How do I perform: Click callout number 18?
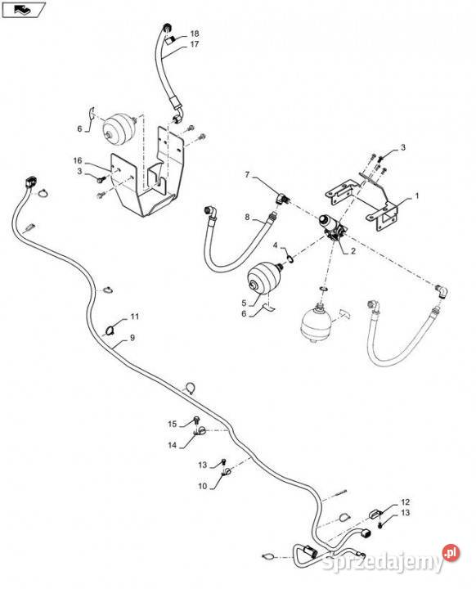[195, 34]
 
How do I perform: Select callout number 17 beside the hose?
[194, 44]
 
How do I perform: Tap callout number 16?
[78, 161]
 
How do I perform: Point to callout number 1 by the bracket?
[416, 196]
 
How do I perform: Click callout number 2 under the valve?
[353, 251]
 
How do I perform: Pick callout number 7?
[247, 175]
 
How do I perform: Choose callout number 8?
[247, 217]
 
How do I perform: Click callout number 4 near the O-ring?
[275, 245]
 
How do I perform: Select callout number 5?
[244, 303]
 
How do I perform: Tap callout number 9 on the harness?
[132, 338]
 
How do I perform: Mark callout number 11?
[134, 317]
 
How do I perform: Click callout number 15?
[172, 424]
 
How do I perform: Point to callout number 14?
[172, 445]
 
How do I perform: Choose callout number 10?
[203, 486]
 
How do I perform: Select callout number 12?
[405, 501]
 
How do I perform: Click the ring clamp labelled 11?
[110, 330]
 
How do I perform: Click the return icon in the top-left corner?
[24, 9]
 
